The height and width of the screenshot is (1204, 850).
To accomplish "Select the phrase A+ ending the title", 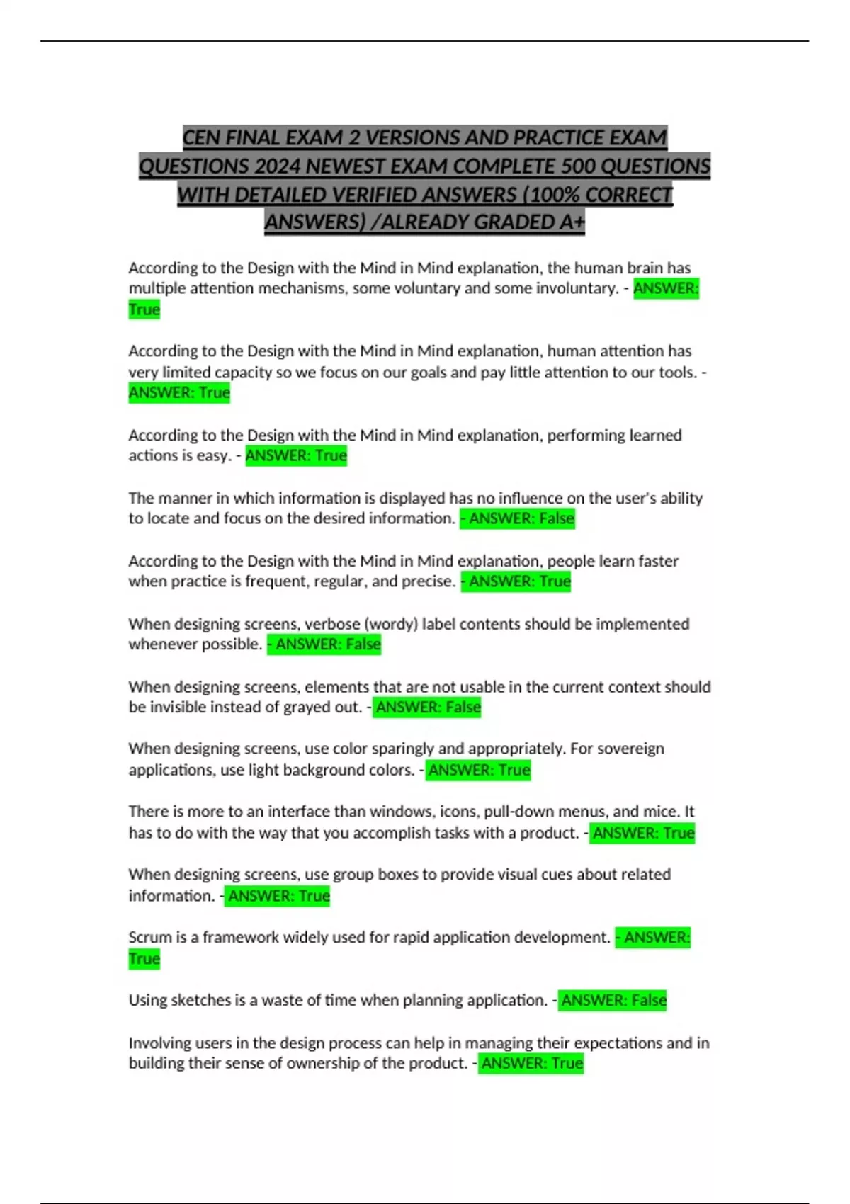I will [x=572, y=222].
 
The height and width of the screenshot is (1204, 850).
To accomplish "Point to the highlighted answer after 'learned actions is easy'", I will [x=296, y=455].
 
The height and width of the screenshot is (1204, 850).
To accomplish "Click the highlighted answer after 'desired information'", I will [x=518, y=518].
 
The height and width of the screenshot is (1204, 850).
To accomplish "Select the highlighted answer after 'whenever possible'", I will [x=324, y=644].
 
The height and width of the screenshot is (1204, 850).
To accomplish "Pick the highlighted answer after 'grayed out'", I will [x=427, y=707].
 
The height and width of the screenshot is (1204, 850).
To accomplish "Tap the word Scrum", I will [x=149, y=937].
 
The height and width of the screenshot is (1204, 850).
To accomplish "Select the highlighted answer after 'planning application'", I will [x=613, y=1000].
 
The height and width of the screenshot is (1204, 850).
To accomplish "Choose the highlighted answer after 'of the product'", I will [x=531, y=1063].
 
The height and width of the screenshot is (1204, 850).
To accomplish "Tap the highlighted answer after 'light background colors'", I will [x=478, y=770].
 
